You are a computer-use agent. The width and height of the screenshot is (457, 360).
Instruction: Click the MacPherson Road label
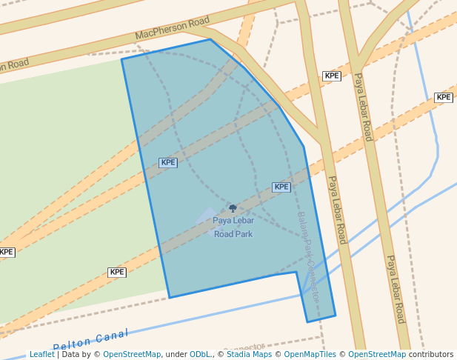(x=173, y=29)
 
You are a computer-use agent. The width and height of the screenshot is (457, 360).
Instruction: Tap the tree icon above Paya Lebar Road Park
(x=233, y=209)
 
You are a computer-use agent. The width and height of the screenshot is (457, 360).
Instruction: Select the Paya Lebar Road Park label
(x=233, y=227)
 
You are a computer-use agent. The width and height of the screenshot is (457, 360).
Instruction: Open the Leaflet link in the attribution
(x=41, y=355)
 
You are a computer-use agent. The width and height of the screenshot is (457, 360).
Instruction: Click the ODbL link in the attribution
(x=199, y=355)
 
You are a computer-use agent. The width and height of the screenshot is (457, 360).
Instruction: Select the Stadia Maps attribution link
(x=248, y=355)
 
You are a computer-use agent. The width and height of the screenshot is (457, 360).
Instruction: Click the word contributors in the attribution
(x=431, y=355)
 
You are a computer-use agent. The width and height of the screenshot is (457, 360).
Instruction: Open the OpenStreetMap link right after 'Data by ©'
(x=132, y=355)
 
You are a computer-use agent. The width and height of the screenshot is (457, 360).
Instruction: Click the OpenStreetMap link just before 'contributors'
(x=377, y=355)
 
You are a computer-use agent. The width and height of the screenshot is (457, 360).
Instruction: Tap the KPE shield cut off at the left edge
(x=6, y=252)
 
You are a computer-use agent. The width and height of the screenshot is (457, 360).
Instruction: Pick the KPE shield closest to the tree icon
(x=281, y=187)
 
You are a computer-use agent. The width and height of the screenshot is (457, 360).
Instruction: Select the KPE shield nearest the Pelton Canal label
(x=117, y=273)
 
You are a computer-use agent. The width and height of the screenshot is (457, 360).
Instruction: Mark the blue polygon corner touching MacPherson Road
(x=210, y=39)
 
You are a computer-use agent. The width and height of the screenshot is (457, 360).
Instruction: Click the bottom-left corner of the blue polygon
(x=170, y=298)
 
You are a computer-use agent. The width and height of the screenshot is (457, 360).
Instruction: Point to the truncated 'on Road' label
(x=14, y=64)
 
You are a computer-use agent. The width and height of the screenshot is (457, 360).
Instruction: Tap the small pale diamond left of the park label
(x=207, y=215)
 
